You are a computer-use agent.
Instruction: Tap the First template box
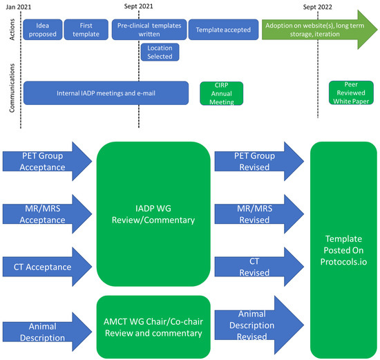85,30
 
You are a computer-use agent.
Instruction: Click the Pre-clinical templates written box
147,30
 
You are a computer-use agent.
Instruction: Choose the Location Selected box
160,52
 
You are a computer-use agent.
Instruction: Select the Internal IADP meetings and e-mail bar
106,93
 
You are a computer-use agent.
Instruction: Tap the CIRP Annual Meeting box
218,93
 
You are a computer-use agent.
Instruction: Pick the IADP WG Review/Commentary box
152,214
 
